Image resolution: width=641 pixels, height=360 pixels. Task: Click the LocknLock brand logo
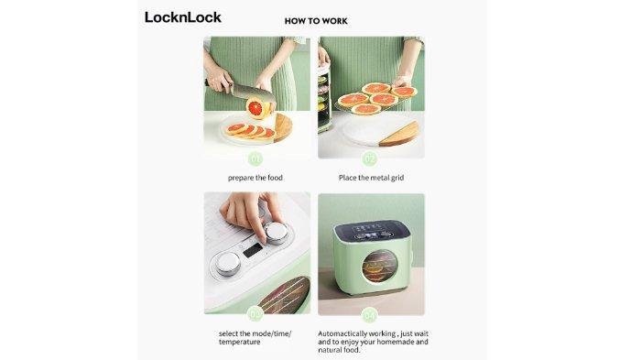(183, 17)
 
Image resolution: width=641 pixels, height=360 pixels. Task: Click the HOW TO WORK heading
(316, 19)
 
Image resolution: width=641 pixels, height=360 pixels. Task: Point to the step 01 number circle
(256, 157)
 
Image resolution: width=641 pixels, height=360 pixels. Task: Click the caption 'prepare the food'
(256, 177)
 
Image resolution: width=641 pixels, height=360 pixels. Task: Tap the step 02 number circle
(370, 157)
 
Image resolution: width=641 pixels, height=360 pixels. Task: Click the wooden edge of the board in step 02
(403, 134)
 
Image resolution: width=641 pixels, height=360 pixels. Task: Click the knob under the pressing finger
(271, 233)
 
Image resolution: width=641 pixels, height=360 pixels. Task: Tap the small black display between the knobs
(250, 248)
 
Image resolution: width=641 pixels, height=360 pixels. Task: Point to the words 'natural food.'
(339, 349)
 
